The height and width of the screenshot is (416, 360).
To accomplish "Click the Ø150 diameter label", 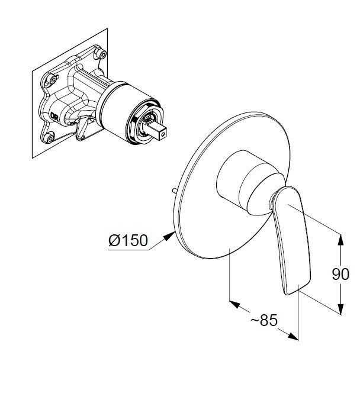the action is tap(128, 241).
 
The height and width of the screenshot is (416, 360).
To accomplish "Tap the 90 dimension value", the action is tap(340, 274).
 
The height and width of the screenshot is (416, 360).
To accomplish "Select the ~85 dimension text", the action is tap(264, 320).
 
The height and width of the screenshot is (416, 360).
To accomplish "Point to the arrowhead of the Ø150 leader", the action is tap(169, 236).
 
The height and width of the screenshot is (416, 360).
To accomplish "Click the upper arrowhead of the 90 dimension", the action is tap(341, 240).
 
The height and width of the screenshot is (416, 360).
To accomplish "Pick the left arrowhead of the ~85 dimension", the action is tap(234, 304).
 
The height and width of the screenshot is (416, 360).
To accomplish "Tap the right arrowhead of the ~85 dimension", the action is tap(293, 336).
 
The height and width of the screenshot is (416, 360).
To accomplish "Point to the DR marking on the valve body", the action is tap(54, 117).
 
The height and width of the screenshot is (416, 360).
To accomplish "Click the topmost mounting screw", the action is tap(102, 54).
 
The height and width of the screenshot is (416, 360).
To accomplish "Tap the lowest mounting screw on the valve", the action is tap(49, 138).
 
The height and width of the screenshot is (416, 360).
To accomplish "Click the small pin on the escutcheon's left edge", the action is tap(175, 191).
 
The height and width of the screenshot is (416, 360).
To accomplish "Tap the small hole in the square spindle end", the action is tap(162, 134).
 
